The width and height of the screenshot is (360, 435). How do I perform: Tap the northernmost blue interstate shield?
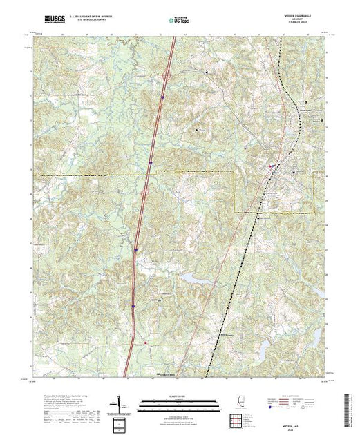tap(162, 97)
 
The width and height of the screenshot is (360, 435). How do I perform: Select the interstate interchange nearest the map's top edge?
tap(167, 69)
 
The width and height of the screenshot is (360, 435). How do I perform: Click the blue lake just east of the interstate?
tap(190, 277)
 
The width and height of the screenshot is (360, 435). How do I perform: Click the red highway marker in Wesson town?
tap(271, 166)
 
